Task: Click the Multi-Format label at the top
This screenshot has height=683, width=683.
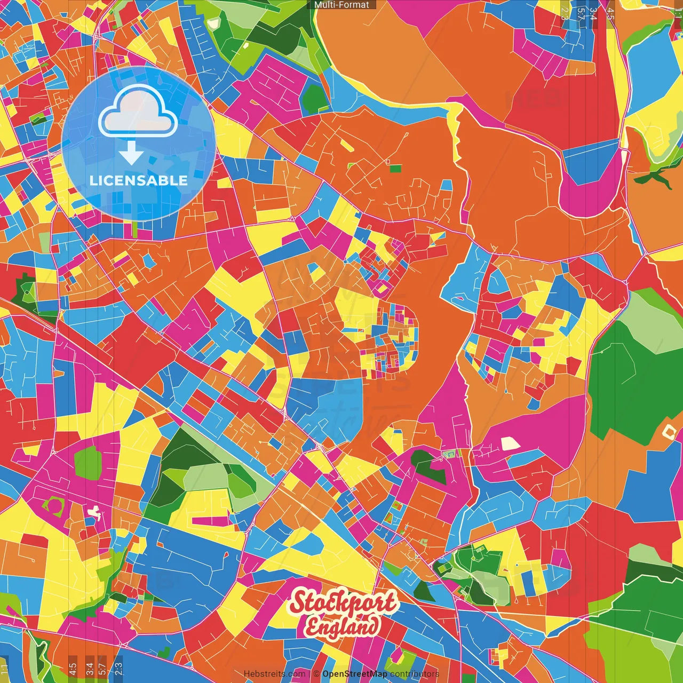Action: (x=341, y=5)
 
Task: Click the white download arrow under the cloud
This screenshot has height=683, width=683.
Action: (x=131, y=153)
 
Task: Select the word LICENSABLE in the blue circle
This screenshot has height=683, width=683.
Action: (x=139, y=180)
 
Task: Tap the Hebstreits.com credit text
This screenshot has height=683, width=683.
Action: (x=275, y=674)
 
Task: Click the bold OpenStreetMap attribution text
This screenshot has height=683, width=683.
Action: (x=355, y=674)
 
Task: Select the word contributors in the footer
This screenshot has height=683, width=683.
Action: (x=415, y=674)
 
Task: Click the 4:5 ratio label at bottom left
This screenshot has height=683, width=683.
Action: (x=73, y=668)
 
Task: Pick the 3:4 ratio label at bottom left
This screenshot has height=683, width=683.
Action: (x=89, y=668)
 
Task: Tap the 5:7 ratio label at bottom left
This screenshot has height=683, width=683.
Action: (x=102, y=668)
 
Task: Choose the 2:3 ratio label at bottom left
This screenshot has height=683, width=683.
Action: (x=118, y=668)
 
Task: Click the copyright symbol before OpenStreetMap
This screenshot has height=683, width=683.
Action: (x=316, y=674)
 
